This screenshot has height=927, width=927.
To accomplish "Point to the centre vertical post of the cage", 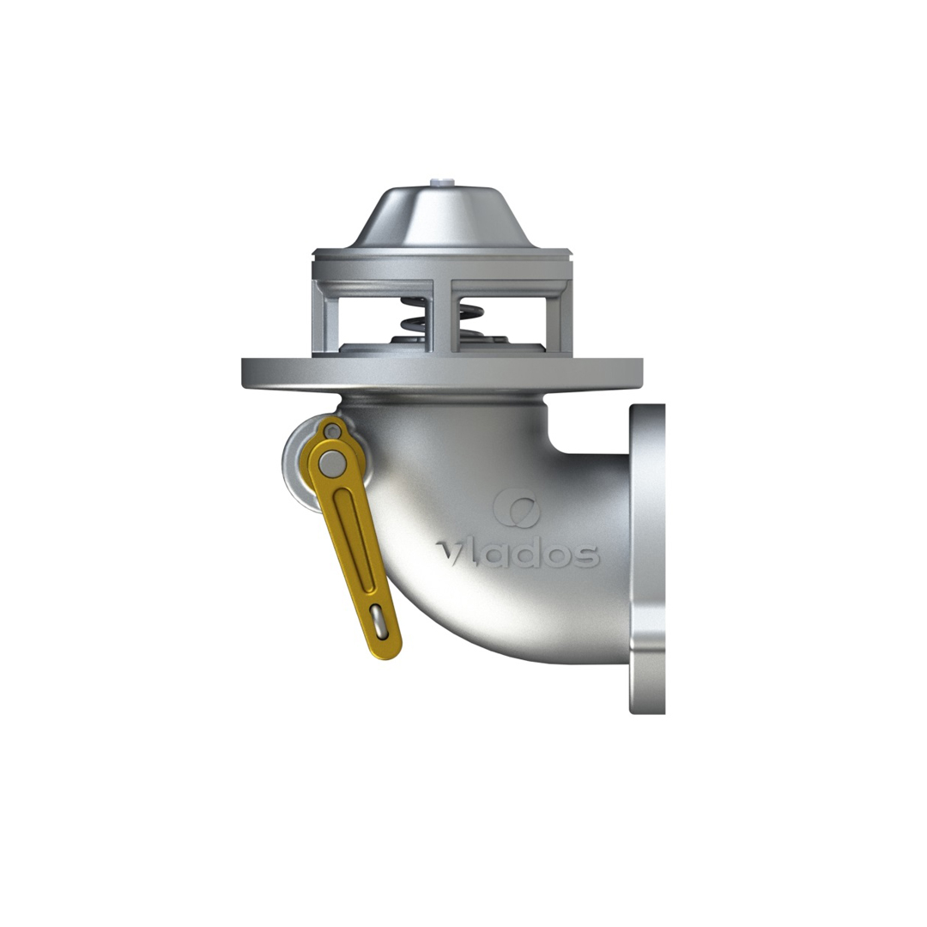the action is click(x=443, y=314).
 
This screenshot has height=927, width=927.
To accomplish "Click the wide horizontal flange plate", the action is click(x=442, y=373).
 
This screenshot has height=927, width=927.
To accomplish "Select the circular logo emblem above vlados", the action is click(x=516, y=507).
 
